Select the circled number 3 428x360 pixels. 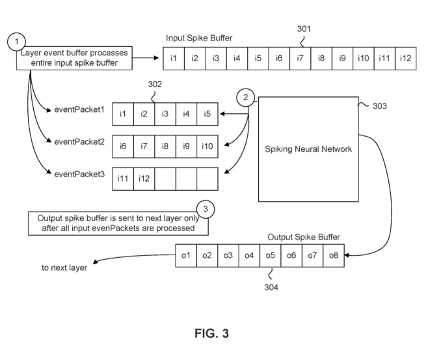click(206, 210)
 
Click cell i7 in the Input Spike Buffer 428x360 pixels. click(300, 58)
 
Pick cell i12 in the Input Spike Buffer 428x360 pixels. click(405, 58)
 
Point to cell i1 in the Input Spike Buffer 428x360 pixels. click(173, 58)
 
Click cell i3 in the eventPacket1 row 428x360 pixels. click(165, 115)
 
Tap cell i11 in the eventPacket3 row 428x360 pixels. click(123, 178)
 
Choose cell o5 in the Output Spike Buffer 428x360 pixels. click(270, 255)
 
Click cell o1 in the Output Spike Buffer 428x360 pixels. click(185, 255)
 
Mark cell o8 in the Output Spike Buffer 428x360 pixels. click(333, 255)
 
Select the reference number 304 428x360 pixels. click(270, 286)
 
